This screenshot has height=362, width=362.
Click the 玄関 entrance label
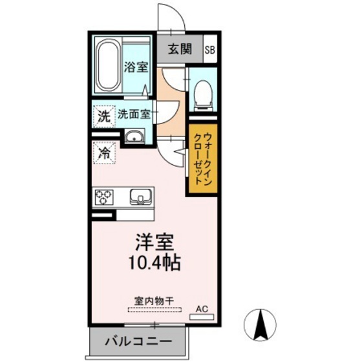coord(181,49)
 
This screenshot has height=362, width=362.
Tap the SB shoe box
coord(211,49)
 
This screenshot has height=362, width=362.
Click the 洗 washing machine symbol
coord(103,117)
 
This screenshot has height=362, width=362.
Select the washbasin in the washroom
coord(134,136)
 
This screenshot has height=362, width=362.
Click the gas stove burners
coord(103,197)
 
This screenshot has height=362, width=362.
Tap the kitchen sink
coord(140,196)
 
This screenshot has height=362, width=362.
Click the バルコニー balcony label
coord(138,341)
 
